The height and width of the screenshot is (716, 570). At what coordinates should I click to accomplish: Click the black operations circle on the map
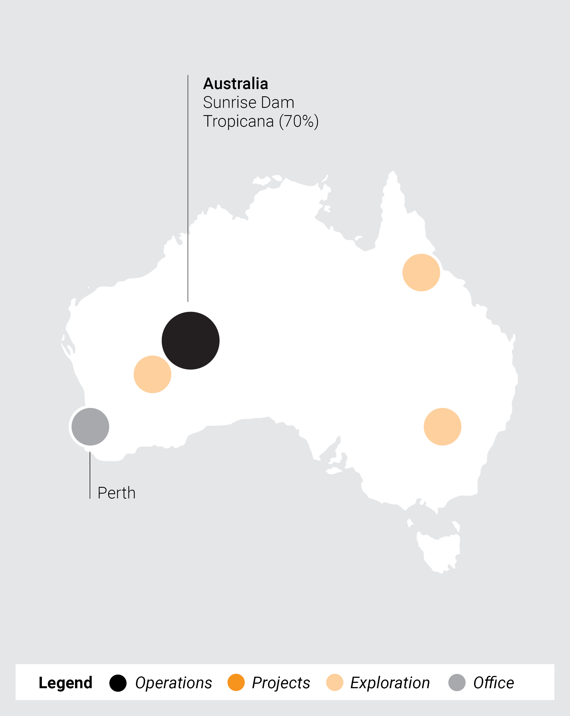191,340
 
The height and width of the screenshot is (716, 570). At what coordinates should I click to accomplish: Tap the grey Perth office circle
91,427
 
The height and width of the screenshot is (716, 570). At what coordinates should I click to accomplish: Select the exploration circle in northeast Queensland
421,272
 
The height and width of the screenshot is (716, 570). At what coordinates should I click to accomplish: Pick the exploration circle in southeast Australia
442,427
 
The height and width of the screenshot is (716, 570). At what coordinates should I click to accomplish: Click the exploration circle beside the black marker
152,374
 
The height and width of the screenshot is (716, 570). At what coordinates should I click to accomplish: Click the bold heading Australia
235,84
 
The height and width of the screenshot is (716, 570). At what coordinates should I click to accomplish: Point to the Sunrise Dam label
249,102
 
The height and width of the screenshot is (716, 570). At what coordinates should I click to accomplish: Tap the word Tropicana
238,121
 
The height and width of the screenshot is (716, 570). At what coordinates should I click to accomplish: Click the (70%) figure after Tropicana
298,121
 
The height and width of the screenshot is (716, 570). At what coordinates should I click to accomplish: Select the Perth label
116,493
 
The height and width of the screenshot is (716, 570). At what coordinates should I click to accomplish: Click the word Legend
65,683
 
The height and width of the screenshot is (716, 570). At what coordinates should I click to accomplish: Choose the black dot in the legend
118,683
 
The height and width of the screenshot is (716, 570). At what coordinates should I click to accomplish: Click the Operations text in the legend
173,683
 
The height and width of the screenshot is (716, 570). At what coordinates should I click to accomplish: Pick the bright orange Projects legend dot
236,683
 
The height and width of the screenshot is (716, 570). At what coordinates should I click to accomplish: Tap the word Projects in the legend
281,683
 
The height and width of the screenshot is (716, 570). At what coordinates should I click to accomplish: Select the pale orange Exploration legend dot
335,683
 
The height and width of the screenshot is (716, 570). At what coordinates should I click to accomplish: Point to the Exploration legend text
390,683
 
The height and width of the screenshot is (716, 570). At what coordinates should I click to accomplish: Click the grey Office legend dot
457,683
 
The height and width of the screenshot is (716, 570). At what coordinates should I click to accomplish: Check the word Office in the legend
494,683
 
